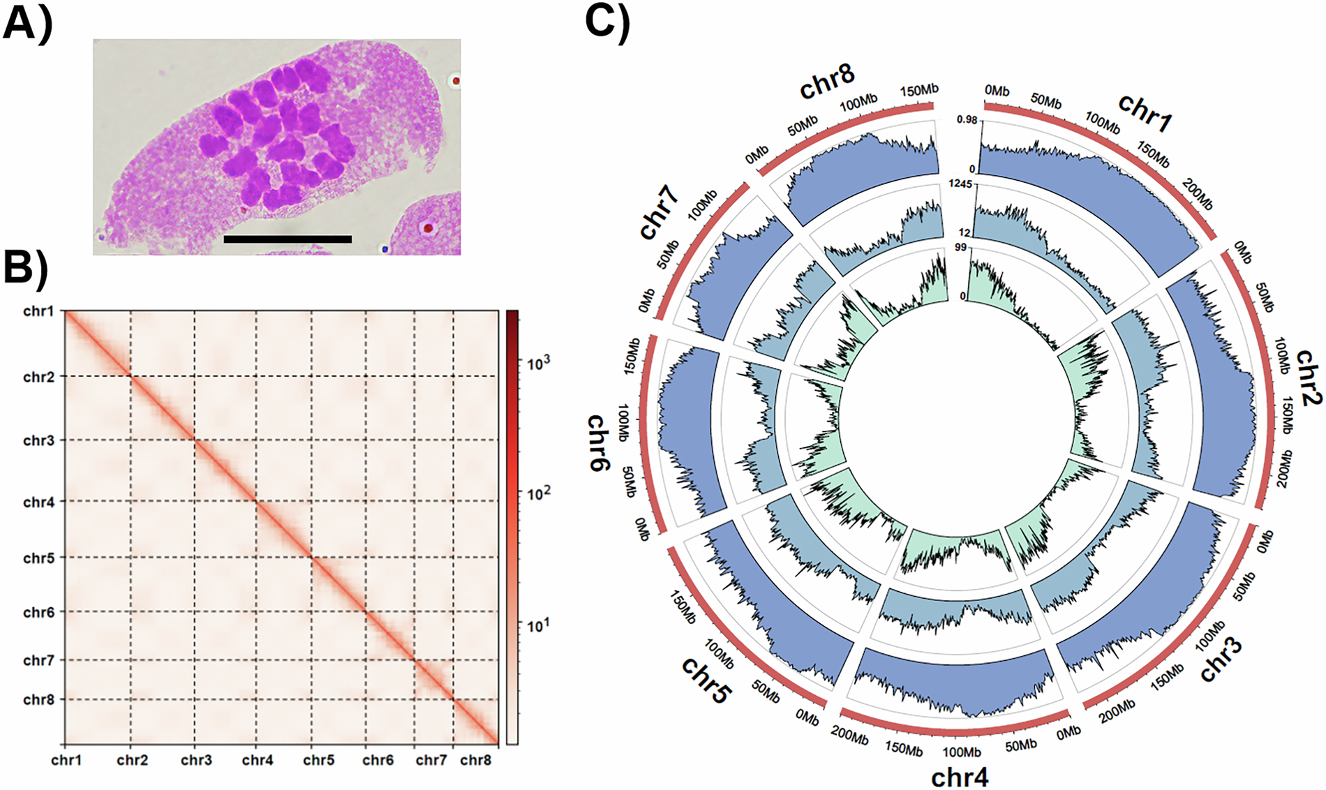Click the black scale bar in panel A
tap(288, 239)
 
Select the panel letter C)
tap(607, 22)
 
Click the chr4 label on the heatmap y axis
tap(38, 502)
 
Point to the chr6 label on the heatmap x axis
tap(378, 760)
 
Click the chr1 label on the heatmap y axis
tap(38, 311)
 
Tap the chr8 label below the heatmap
tap(476, 760)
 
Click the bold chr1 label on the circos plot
tap(1145, 112)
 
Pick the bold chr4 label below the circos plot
tap(960, 777)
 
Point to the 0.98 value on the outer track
tap(967, 120)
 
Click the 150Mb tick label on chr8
tap(919, 91)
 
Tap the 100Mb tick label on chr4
tap(961, 752)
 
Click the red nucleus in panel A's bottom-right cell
tap(428, 228)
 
